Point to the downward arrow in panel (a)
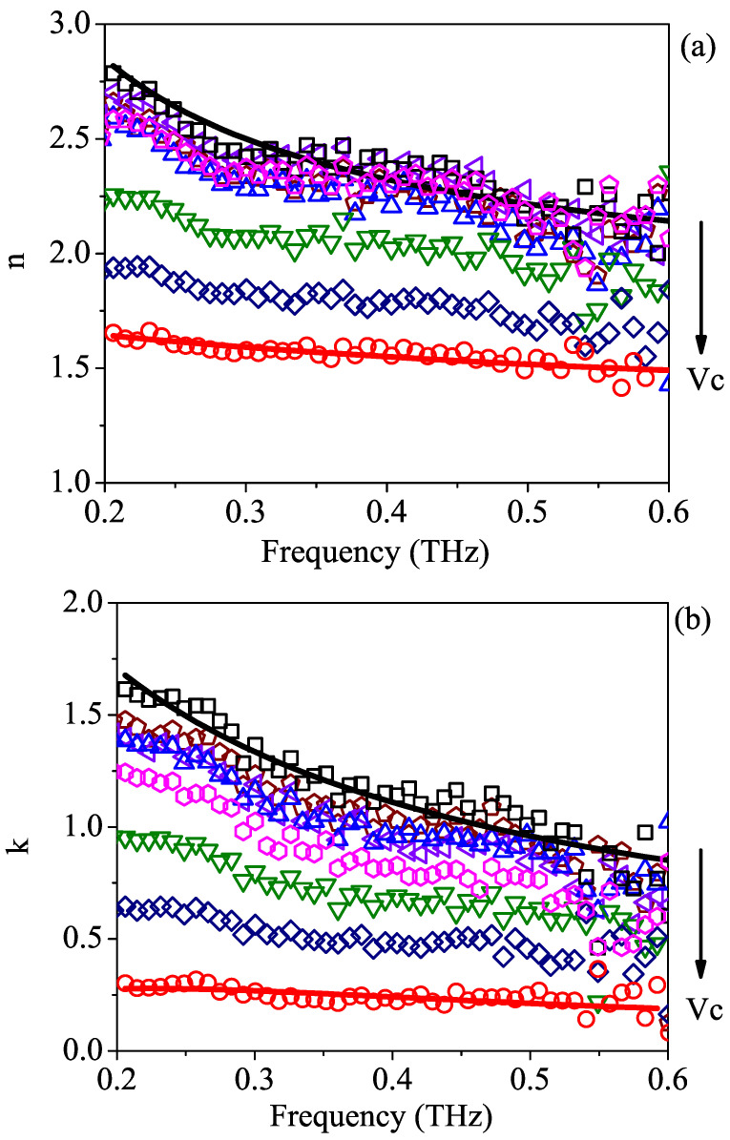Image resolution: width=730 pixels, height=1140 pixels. [701, 286]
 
